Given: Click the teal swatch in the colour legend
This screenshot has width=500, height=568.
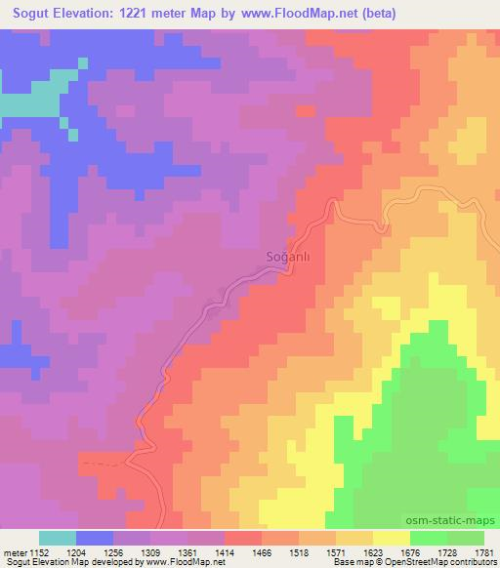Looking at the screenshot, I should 58,538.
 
